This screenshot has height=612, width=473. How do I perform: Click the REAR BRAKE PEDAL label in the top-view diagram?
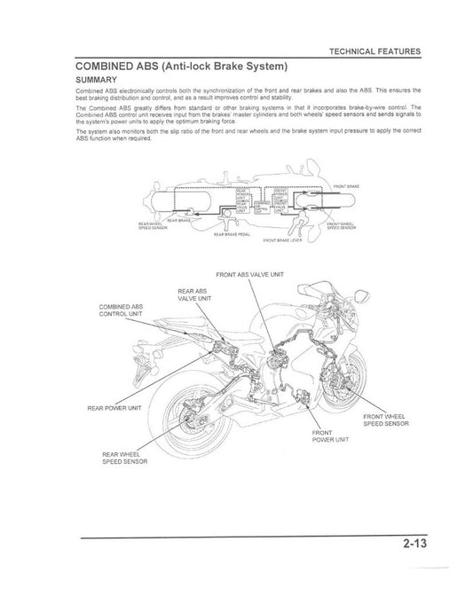pos(233,235)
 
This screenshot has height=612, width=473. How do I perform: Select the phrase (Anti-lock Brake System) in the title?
pos(233,66)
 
